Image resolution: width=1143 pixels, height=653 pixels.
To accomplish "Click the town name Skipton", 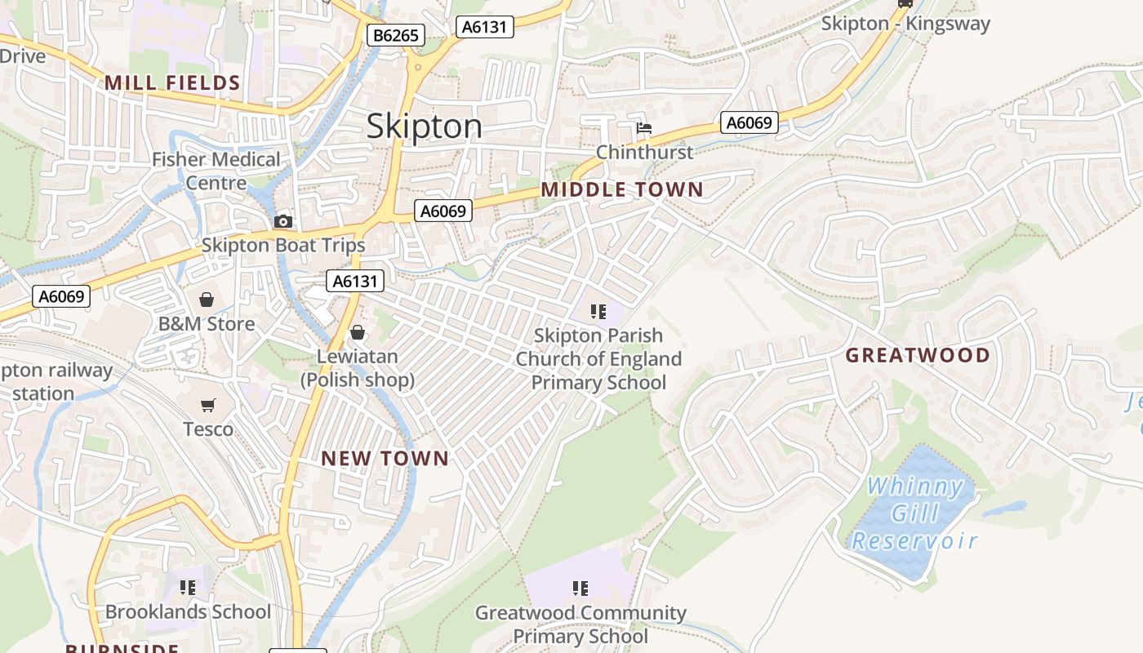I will [424, 127].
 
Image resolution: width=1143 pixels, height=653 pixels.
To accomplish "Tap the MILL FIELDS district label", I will [172, 82].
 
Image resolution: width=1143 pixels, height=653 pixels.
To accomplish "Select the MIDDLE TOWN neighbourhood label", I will [621, 190].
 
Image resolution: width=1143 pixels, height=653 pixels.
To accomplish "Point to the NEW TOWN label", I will [385, 459].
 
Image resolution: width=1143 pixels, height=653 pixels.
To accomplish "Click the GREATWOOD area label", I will [918, 356].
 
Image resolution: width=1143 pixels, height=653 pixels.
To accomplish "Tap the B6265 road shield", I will [396, 35].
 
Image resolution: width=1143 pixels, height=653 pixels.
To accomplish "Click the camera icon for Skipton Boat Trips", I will [283, 222].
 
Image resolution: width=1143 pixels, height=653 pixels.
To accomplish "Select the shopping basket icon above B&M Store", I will [207, 300].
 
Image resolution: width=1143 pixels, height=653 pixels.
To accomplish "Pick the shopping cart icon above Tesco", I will [207, 406].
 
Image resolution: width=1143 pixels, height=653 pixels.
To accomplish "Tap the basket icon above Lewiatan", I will [357, 333].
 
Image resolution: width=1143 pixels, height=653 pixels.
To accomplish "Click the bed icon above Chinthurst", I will [644, 129].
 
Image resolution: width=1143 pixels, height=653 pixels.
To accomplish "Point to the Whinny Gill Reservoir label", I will [914, 513].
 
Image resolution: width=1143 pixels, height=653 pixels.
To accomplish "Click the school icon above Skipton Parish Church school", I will [598, 311].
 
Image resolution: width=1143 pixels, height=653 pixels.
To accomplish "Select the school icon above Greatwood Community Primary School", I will [580, 589].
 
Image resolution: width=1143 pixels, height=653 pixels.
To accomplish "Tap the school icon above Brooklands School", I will [188, 588].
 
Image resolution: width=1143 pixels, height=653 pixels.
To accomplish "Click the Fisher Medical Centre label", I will [216, 171].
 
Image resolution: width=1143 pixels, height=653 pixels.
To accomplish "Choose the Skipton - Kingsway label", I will [905, 24].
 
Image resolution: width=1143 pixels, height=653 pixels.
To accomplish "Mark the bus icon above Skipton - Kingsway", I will [905, 3].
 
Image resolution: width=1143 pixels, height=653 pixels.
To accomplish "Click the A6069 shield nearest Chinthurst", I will [749, 123].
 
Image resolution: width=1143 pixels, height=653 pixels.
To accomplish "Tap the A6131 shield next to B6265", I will [484, 27].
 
